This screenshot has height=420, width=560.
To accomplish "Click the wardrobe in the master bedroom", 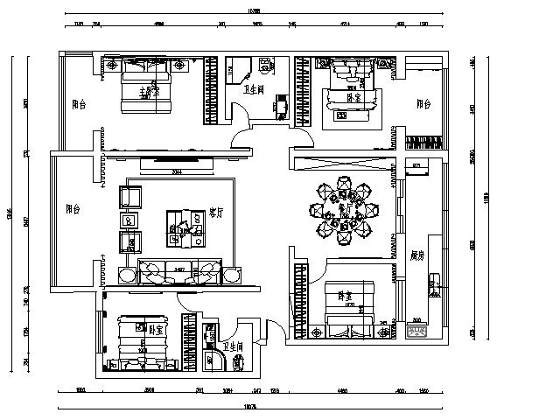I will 211,88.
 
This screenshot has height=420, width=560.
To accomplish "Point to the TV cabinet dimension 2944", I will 176,171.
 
